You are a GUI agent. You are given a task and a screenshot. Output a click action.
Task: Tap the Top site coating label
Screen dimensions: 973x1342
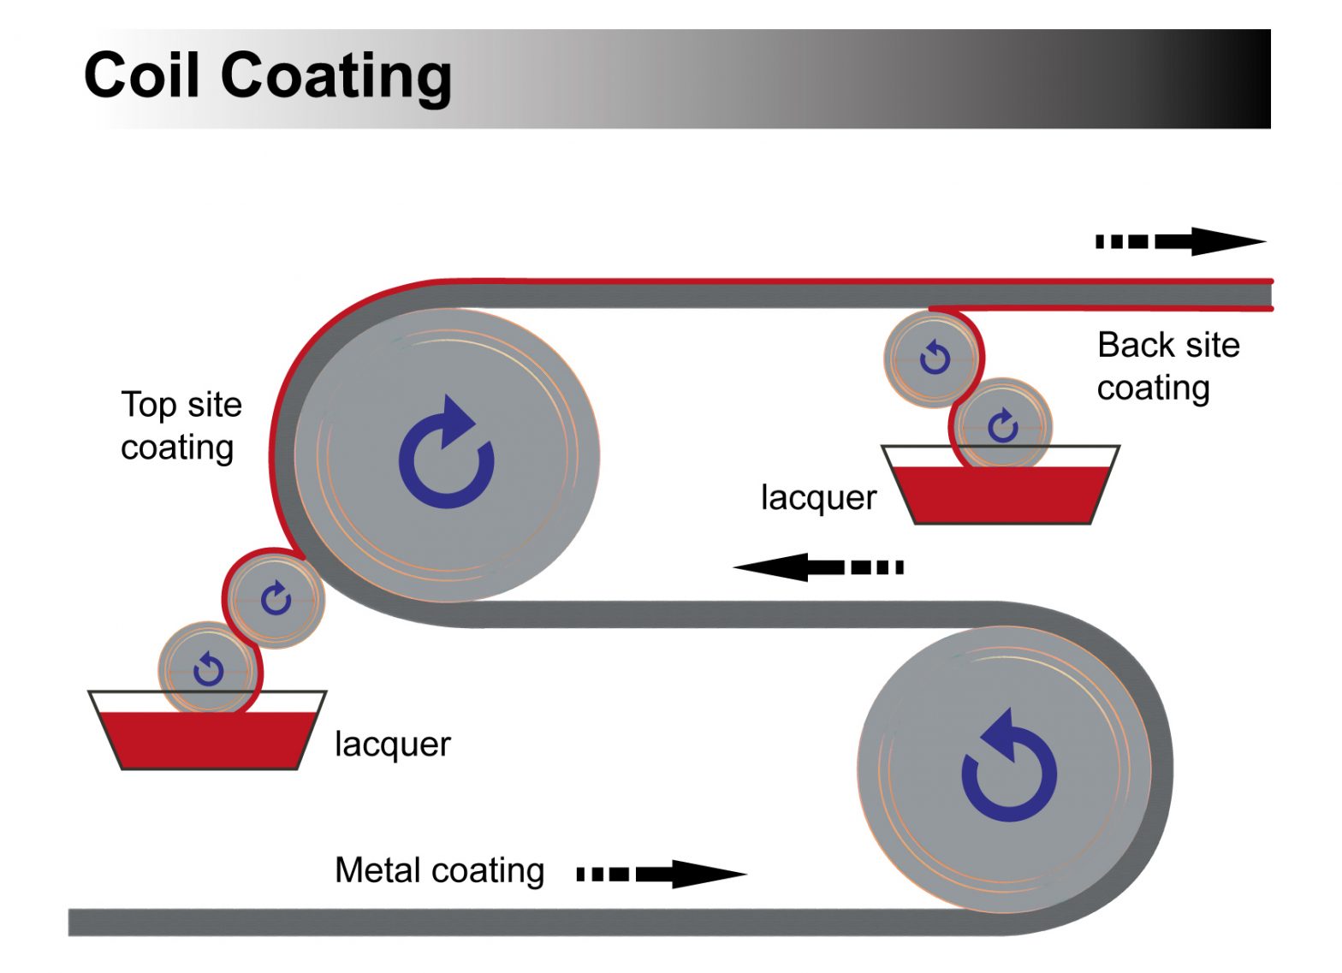click(181, 425)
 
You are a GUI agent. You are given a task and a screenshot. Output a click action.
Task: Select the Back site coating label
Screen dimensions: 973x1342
click(1167, 365)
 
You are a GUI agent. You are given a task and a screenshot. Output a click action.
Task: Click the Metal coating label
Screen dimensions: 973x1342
click(439, 870)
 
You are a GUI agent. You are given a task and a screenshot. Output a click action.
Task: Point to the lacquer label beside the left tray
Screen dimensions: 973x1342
click(392, 744)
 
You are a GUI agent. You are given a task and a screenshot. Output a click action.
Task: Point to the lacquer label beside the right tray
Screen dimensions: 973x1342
click(818, 497)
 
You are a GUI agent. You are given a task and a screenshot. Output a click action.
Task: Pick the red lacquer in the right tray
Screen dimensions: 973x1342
click(1001, 495)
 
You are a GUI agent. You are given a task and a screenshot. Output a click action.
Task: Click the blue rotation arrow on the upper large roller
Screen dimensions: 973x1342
click(446, 454)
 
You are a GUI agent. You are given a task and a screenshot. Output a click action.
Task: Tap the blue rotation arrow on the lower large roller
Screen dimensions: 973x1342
click(1009, 766)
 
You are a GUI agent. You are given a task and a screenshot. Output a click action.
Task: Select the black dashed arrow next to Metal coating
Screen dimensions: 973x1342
click(661, 874)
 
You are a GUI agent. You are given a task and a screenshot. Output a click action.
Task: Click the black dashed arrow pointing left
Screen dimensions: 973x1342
click(818, 567)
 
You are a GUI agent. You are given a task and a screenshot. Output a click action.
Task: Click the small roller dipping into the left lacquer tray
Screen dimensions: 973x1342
click(207, 668)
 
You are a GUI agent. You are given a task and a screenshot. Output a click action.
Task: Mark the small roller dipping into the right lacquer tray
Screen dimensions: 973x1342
click(1002, 424)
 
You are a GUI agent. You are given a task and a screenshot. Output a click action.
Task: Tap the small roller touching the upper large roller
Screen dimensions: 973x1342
click(276, 598)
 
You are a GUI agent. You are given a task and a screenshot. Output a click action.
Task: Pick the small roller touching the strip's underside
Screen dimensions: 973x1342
click(932, 357)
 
